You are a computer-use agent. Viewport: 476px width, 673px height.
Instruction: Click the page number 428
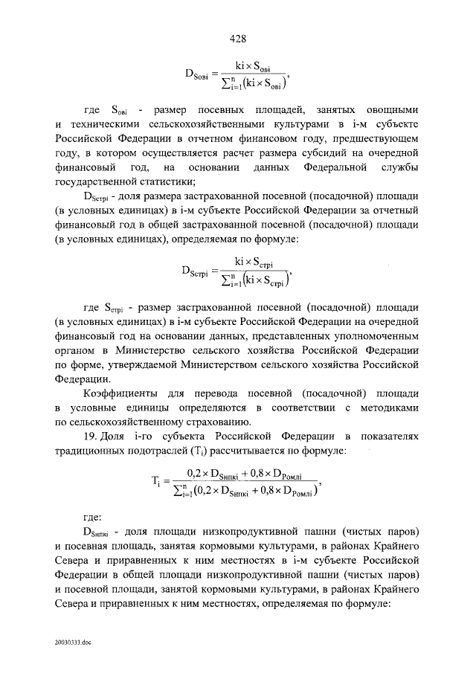[x=237, y=38]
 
